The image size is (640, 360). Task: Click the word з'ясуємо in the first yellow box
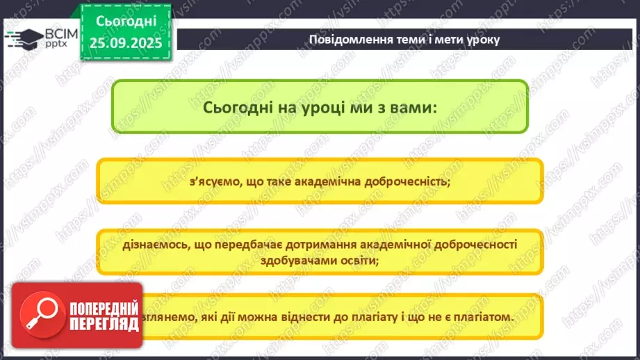click(211, 183)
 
